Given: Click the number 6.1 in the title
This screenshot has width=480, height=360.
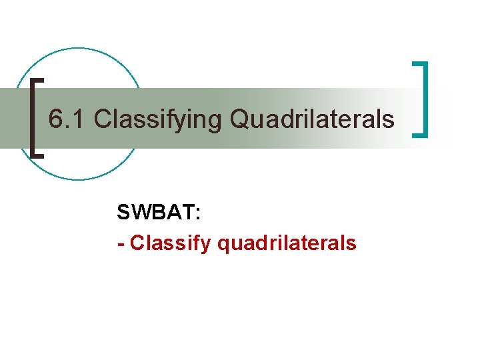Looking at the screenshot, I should click(67, 119).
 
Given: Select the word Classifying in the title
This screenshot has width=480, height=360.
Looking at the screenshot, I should click(157, 119).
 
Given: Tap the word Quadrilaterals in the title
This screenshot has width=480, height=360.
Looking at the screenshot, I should click(312, 119).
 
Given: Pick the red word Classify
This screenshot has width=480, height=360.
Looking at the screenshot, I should click(171, 243).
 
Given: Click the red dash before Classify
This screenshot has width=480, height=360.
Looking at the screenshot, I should click(121, 244).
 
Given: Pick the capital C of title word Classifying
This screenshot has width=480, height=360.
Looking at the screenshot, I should click(103, 119).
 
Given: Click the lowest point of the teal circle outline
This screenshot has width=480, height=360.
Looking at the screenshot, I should click(79, 180).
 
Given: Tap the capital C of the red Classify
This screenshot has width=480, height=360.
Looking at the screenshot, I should click(137, 243).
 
